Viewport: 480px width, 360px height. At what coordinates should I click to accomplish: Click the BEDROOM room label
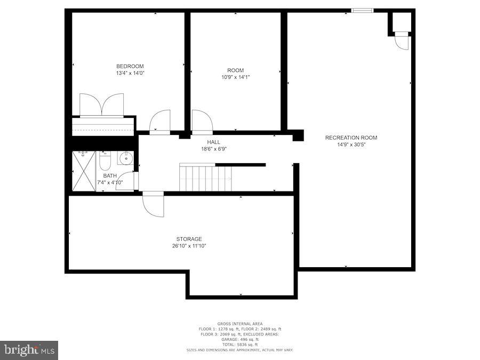[130, 66]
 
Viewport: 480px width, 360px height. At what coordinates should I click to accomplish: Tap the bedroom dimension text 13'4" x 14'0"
[130, 73]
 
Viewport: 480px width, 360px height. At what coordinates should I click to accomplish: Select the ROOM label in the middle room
[235, 70]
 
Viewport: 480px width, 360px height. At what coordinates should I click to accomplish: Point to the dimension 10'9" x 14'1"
[235, 77]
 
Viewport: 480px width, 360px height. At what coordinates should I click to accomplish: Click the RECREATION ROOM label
[351, 138]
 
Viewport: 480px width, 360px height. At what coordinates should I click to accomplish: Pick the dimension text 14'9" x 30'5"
[351, 145]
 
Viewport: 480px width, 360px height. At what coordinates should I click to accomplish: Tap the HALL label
[213, 142]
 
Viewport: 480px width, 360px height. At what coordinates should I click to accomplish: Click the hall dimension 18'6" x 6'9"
[213, 149]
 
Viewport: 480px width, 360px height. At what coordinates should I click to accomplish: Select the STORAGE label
[189, 239]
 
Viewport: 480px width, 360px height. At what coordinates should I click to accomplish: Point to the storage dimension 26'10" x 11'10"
[189, 246]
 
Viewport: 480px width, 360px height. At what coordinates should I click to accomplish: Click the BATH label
[110, 175]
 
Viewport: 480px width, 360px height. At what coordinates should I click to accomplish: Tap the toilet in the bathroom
[105, 159]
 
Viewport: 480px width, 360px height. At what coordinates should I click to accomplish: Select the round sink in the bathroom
[125, 158]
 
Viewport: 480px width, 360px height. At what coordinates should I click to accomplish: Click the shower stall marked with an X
[84, 171]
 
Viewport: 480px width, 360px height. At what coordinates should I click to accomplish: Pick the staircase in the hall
[205, 178]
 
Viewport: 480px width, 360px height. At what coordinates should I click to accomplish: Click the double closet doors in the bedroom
[102, 105]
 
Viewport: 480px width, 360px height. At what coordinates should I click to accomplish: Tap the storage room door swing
[153, 204]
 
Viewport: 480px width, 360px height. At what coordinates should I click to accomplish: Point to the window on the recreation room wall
[362, 10]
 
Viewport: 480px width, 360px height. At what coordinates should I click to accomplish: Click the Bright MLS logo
[29, 350]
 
